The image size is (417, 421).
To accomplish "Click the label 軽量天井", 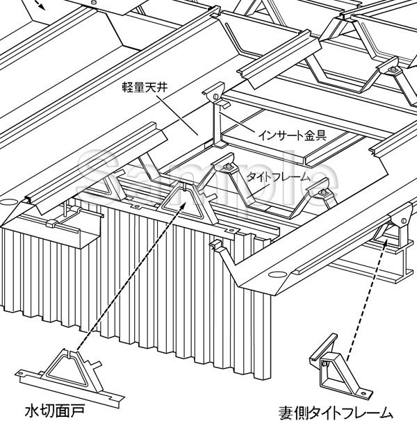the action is [145, 88].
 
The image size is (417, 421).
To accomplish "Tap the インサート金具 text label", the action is [293, 135].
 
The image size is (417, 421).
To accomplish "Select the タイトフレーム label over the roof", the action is [279, 177].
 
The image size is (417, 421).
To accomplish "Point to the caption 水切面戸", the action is [55, 411].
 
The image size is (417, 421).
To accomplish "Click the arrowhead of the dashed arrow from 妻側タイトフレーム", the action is [386, 241].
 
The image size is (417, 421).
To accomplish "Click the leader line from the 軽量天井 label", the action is [177, 115].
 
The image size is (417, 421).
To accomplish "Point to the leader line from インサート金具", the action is [237, 123].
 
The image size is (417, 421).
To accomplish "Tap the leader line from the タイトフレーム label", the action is [258, 192].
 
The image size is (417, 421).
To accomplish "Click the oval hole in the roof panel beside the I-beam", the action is [277, 274].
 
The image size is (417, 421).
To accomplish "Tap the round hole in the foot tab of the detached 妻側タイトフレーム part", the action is [363, 394].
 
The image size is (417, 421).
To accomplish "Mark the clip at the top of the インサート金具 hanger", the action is [215, 92].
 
